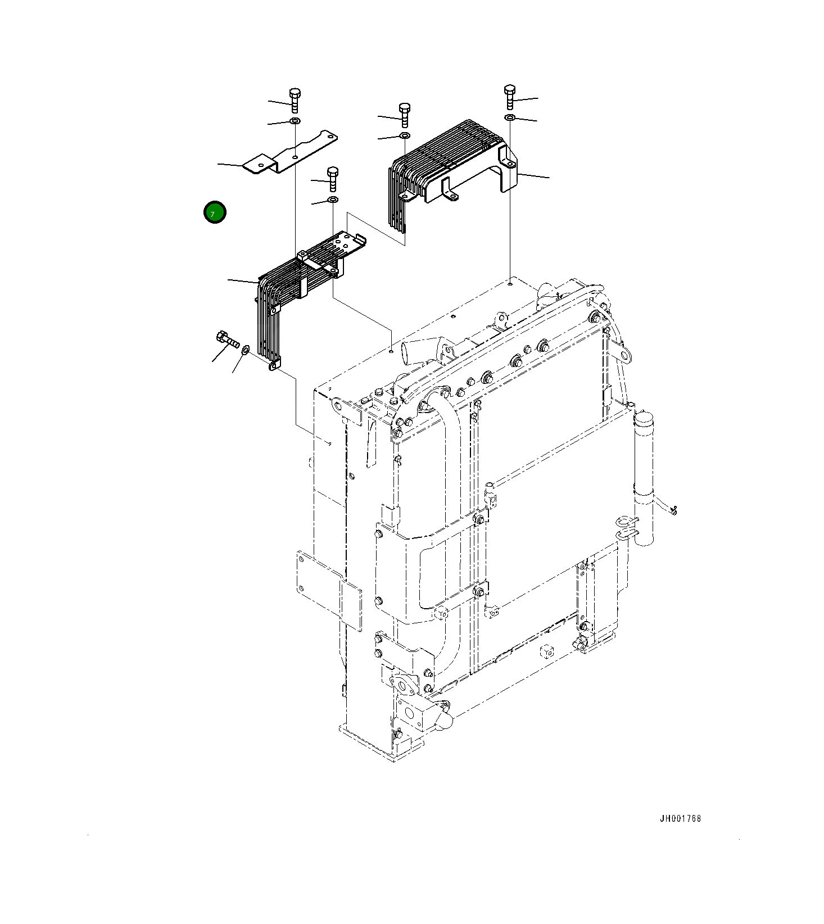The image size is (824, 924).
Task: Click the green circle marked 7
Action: pos(215,212)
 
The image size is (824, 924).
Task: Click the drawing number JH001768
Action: pos(680,818)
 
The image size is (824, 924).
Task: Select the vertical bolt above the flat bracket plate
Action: pos(295,100)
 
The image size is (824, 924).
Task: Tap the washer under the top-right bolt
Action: pos(509,117)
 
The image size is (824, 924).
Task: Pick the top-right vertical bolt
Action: pos(509,97)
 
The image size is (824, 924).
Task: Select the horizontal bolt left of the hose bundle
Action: pos(227,339)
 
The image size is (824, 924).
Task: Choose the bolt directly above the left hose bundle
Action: pos(332,178)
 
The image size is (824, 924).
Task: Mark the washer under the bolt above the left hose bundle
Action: pos(332,200)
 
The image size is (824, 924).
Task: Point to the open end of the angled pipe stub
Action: pos(406,356)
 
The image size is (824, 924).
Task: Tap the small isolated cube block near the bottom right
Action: pos(546,652)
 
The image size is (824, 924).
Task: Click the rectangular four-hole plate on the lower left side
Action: pos(328,588)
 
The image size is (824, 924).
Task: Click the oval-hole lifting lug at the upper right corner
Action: pos(624,355)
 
